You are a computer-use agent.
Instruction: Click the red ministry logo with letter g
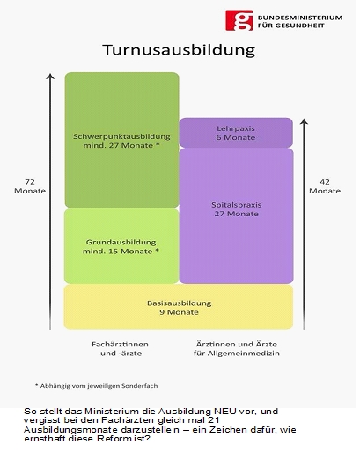click(x=239, y=20)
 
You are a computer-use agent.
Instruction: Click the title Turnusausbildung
click(x=179, y=50)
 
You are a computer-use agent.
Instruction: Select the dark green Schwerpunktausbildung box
click(x=121, y=140)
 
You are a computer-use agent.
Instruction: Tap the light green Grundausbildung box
click(x=121, y=246)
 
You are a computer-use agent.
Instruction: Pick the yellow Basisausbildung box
click(x=179, y=307)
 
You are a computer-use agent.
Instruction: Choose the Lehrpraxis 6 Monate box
click(x=236, y=133)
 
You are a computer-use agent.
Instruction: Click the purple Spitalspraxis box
click(x=236, y=216)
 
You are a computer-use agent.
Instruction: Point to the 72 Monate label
click(x=30, y=186)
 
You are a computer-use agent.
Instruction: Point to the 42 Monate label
click(x=325, y=186)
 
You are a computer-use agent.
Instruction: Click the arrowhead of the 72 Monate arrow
click(x=50, y=76)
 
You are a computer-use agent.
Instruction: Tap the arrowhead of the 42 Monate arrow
click(x=305, y=121)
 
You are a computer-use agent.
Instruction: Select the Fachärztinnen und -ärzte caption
click(x=121, y=348)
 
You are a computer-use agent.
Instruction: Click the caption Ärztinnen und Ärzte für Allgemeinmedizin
click(x=237, y=348)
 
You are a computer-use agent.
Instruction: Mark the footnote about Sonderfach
click(x=97, y=386)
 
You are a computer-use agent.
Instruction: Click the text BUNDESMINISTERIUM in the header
click(x=300, y=18)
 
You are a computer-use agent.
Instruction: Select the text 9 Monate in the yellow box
click(x=179, y=312)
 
